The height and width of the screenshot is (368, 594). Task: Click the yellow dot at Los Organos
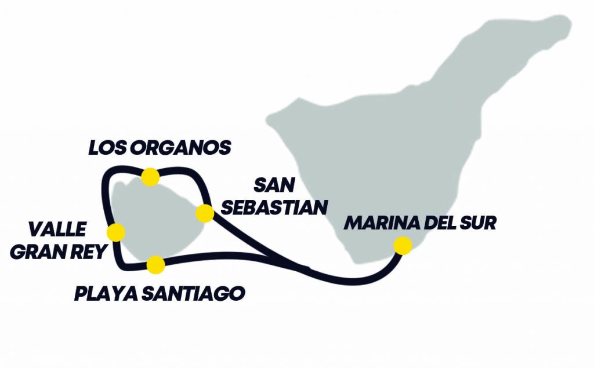click(x=150, y=177)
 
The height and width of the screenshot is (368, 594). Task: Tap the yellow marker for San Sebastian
click(x=204, y=213)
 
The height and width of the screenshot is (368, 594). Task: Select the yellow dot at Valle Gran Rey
click(x=116, y=232)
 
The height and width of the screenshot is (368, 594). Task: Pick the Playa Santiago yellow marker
click(x=155, y=265)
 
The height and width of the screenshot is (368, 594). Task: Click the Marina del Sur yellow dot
click(x=403, y=246)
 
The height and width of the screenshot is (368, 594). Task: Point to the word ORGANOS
click(x=183, y=148)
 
